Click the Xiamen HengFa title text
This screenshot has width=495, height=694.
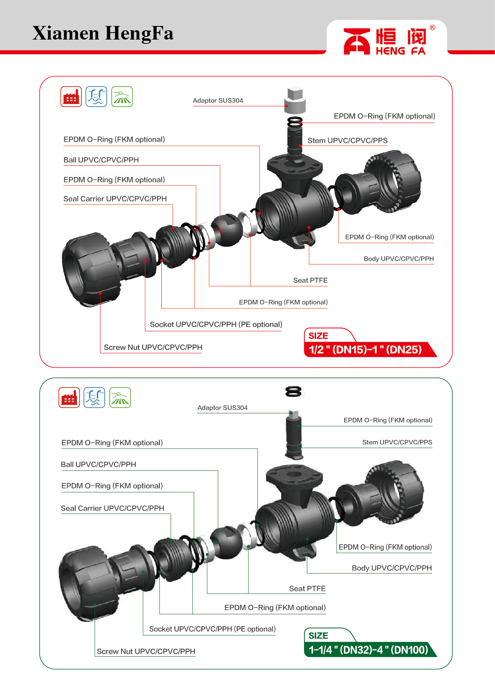pos(103,33)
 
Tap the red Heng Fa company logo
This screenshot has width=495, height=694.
pos(385,41)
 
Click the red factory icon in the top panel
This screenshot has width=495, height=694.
pos(71,97)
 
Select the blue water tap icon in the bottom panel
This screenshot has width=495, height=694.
pos(94,398)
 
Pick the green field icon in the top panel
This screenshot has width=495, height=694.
pos(122,97)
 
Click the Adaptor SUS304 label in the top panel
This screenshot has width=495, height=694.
pos(218,100)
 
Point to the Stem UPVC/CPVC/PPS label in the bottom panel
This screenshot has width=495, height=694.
pos(397,442)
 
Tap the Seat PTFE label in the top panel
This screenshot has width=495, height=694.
pos(310,280)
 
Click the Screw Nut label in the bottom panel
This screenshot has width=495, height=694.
pos(146,651)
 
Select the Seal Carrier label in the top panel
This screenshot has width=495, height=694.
pos(115,199)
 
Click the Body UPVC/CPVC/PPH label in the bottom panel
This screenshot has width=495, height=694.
pos(391,568)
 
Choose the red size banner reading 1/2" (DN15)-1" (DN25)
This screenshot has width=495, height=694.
pos(365,350)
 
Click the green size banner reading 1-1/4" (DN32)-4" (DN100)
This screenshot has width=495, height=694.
pos(368,650)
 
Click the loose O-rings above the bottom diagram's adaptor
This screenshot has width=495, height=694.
pos(293,391)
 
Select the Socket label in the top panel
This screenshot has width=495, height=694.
pos(216,325)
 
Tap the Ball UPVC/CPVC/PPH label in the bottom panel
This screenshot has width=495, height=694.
pos(99,465)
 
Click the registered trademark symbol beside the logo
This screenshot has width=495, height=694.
pos(433,28)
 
